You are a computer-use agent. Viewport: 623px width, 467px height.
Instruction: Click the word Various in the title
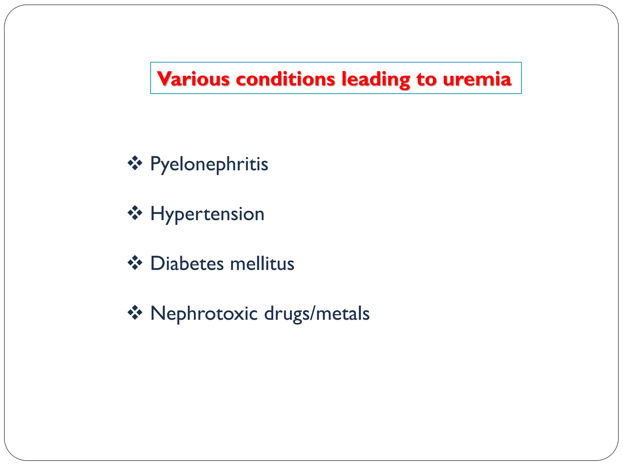click(x=193, y=79)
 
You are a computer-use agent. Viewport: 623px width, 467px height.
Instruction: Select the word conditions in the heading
click(x=285, y=79)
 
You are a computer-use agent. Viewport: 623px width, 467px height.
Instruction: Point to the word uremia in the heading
click(x=477, y=79)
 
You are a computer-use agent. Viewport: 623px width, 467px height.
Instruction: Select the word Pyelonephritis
click(x=209, y=164)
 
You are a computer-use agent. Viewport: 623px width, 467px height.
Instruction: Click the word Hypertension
click(x=207, y=214)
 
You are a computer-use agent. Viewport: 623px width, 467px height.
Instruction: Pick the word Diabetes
click(x=187, y=263)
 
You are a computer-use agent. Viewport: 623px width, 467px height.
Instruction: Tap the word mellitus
click(x=262, y=263)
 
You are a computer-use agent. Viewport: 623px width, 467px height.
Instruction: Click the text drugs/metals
click(x=317, y=313)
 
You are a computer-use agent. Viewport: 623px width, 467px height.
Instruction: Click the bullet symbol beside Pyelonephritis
click(x=135, y=163)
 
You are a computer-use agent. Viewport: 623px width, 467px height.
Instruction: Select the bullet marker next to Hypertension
click(x=135, y=213)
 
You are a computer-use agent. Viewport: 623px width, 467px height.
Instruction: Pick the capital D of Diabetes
click(x=158, y=263)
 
